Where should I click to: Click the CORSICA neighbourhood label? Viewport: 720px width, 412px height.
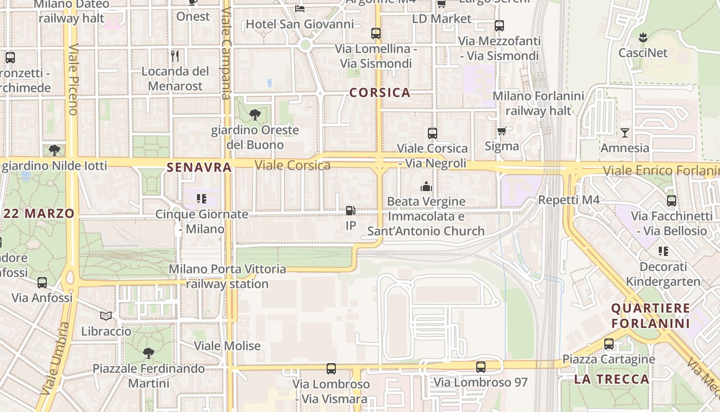coord(380,93)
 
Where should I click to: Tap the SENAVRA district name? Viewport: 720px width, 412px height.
coord(199,167)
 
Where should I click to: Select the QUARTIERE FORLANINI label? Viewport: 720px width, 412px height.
coord(651,316)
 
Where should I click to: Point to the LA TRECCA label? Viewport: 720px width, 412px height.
coord(611,380)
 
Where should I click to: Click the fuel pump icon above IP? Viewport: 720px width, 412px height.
coord(351,210)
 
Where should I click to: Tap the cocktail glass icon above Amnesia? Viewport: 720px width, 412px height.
coord(625,133)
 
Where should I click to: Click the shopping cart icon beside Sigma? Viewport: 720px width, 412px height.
coord(502,131)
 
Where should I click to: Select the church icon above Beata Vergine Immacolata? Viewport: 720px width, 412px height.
coord(426,186)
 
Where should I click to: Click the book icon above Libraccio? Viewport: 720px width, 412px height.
coord(106,316)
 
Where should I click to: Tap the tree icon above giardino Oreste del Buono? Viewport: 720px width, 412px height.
coord(255,115)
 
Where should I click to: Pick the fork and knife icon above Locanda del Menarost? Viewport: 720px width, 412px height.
coord(175,56)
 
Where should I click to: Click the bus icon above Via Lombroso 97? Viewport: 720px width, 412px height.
coord(481,367)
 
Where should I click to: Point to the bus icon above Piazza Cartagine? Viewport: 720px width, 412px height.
coord(609,344)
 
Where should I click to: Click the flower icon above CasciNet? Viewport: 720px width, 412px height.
coord(642,37)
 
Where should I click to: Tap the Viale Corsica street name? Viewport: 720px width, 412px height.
coord(293,165)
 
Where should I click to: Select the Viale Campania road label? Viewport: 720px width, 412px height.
coord(225,53)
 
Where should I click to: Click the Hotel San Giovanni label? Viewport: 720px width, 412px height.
coord(300,24)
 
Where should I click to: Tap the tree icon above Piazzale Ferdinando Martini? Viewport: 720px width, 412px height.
coord(149,353)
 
